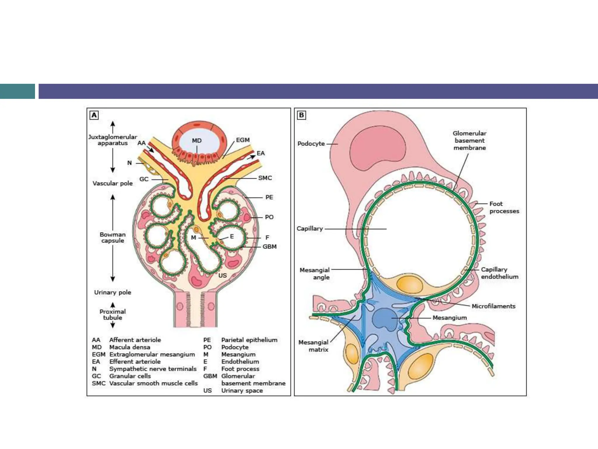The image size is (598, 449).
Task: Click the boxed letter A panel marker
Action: coord(94,115)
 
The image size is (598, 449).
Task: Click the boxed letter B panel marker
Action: coord(301,115)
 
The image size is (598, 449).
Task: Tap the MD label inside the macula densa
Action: coord(197,141)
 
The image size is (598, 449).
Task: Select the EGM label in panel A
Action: coord(243,140)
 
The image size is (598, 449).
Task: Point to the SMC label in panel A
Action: coord(265,178)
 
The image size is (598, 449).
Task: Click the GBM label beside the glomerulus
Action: coord(269,246)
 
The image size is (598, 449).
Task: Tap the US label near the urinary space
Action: coord(222,275)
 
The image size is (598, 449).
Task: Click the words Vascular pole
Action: coord(113,183)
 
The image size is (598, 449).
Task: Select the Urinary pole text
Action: coord(113,292)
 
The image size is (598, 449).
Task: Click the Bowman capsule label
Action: coord(113,237)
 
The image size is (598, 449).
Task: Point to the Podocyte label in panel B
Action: coord(311,144)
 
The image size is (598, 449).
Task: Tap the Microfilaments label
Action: coord(493,306)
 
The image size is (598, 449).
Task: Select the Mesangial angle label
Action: coord(314,273)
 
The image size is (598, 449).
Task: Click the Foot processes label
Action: coord(504,207)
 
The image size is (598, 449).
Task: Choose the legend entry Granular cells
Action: coord(130,376)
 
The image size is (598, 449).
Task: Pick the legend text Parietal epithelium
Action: coord(249,340)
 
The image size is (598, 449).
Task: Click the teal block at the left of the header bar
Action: coord(18,91)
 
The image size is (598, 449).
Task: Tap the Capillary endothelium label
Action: coord(499,273)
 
